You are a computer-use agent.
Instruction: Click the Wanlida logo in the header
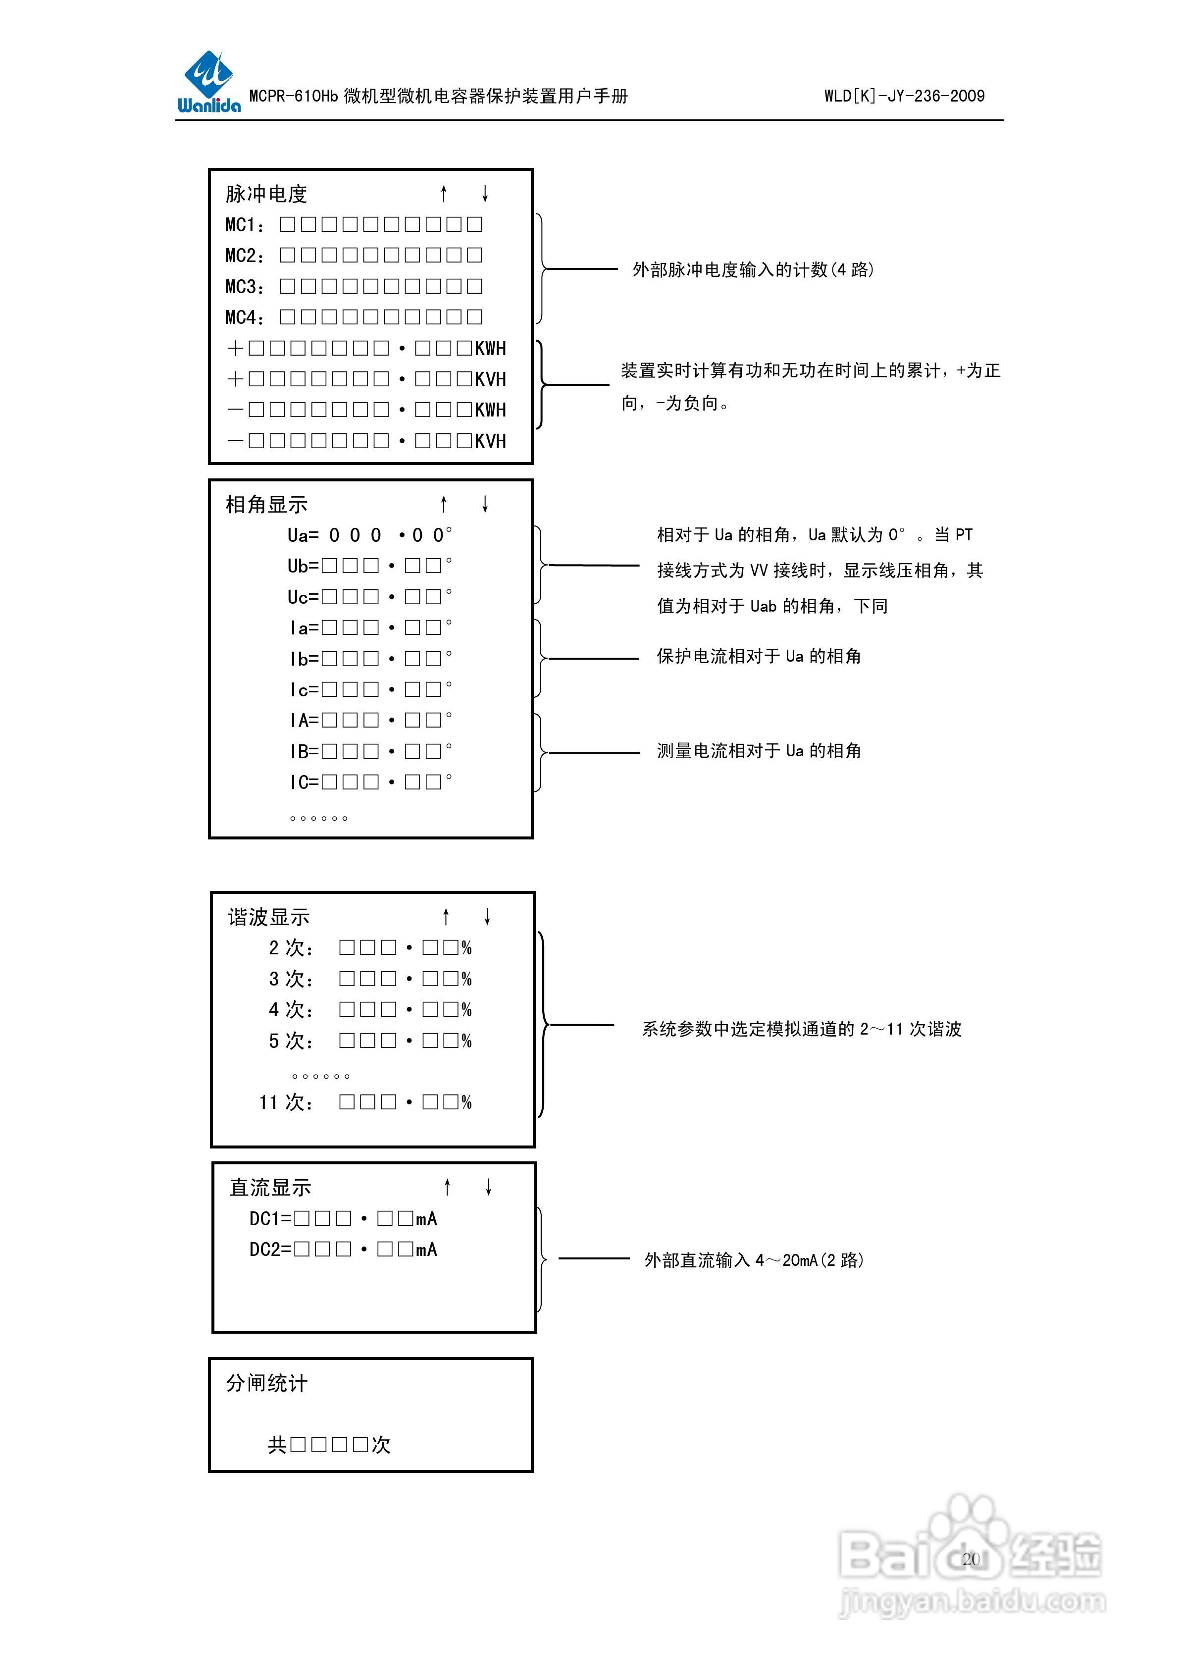pyautogui.click(x=208, y=82)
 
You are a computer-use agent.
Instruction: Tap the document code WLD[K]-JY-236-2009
pyautogui.click(x=904, y=96)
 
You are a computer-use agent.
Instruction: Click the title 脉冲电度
pyautogui.click(x=266, y=194)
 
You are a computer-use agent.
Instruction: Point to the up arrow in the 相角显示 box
pyautogui.click(x=444, y=504)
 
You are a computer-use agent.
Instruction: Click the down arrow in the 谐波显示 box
pyautogui.click(x=487, y=916)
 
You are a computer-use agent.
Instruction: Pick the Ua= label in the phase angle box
pyautogui.click(x=303, y=535)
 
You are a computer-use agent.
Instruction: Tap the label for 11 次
pyautogui.click(x=286, y=1102)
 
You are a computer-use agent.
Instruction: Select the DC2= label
pyautogui.click(x=270, y=1250)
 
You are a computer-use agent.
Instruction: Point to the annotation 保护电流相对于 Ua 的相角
pyautogui.click(x=759, y=657)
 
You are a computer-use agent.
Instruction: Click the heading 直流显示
pyautogui.click(x=270, y=1188)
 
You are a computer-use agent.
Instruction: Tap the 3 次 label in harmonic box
pyautogui.click(x=291, y=979)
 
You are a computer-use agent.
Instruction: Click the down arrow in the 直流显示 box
pyautogui.click(x=489, y=1187)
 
